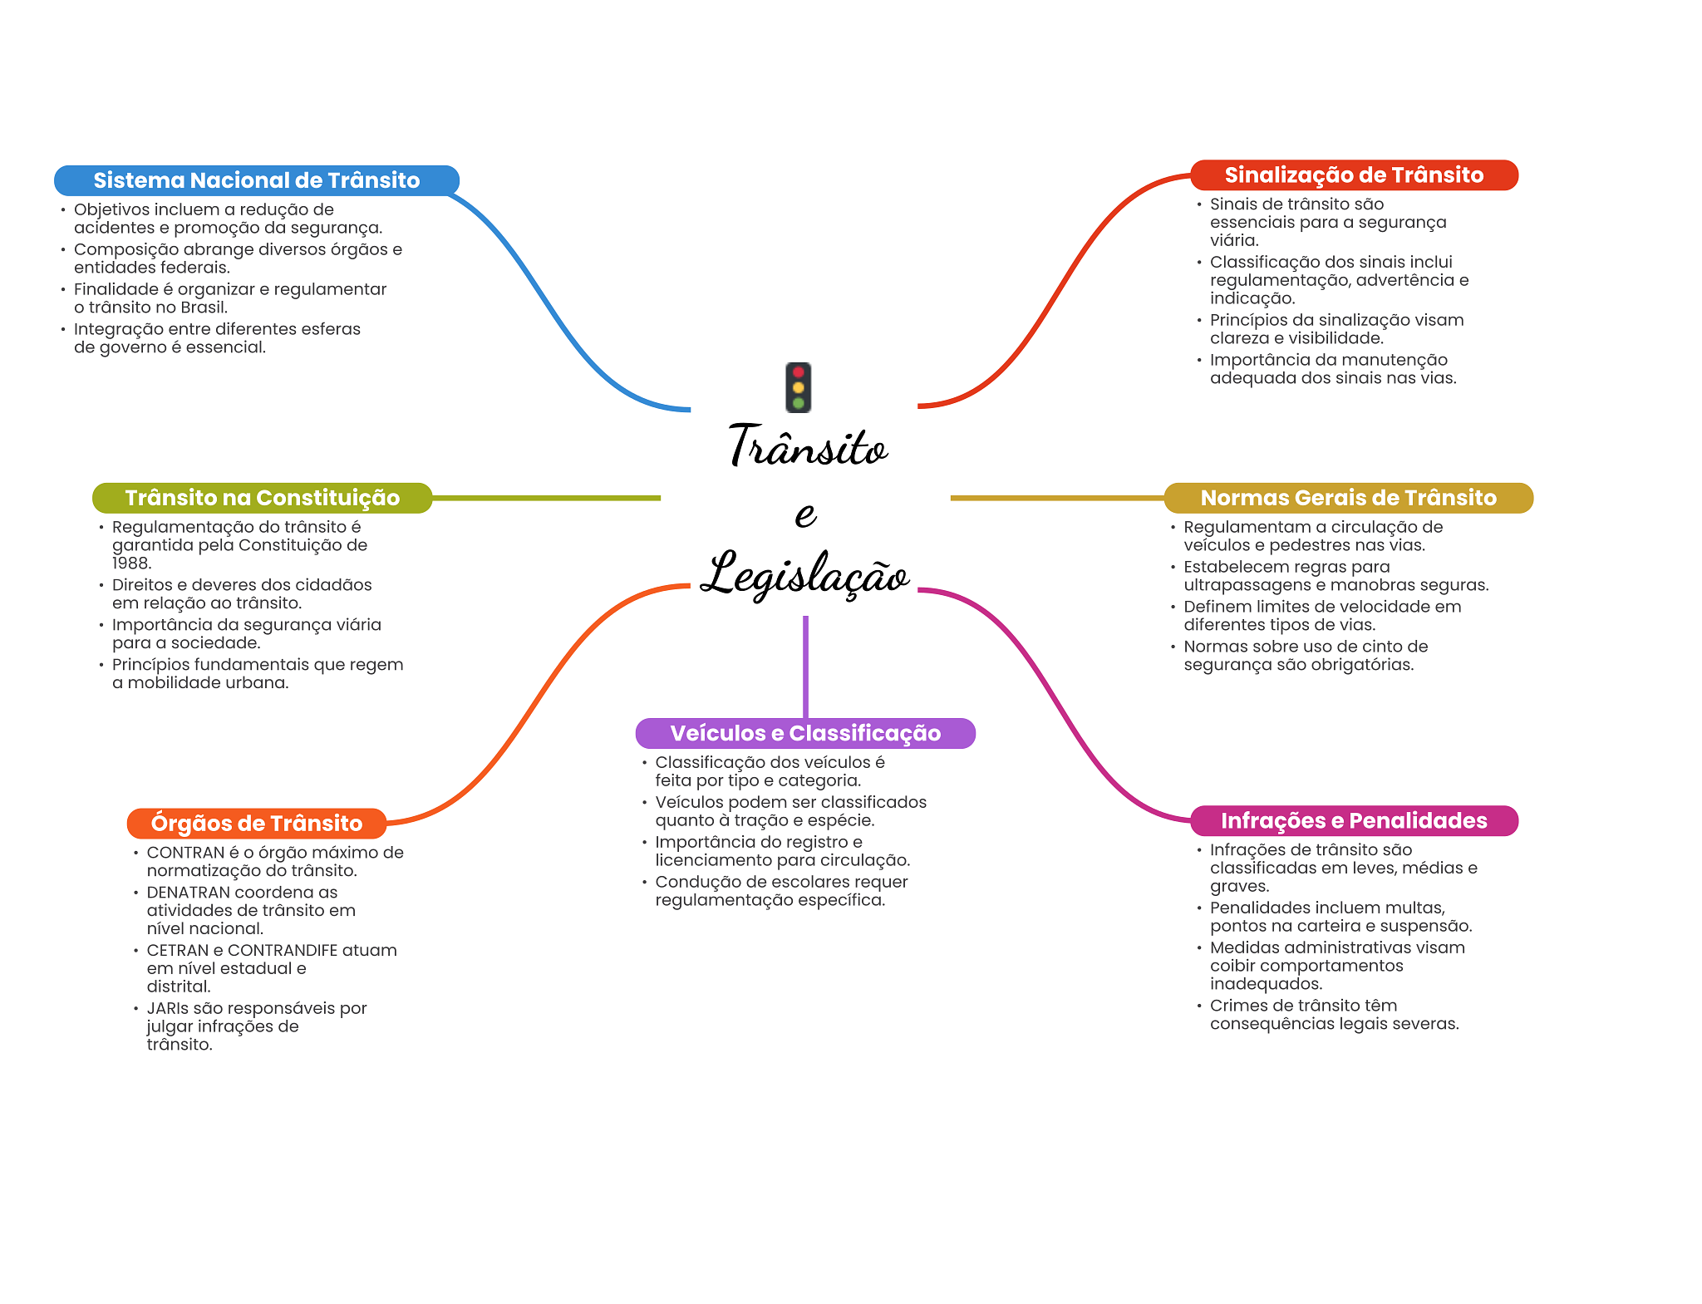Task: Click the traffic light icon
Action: pyautogui.click(x=798, y=387)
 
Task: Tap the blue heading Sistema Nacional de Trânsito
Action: pyautogui.click(x=256, y=180)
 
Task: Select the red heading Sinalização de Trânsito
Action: pyautogui.click(x=1354, y=175)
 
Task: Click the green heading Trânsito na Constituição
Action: pyautogui.click(x=262, y=498)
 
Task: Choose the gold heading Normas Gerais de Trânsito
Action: pyautogui.click(x=1348, y=498)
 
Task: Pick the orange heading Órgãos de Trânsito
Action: pyautogui.click(x=256, y=823)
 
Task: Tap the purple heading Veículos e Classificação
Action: pyautogui.click(x=805, y=733)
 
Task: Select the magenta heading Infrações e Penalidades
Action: pyautogui.click(x=1354, y=821)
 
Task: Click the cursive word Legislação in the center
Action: pyautogui.click(x=804, y=574)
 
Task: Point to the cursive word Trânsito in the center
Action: pyautogui.click(x=808, y=447)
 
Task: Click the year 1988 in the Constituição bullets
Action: pyautogui.click(x=130, y=563)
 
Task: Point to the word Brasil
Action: pyautogui.click(x=203, y=308)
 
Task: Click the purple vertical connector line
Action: pyautogui.click(x=805, y=665)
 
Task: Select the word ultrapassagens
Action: pyautogui.click(x=1247, y=585)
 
